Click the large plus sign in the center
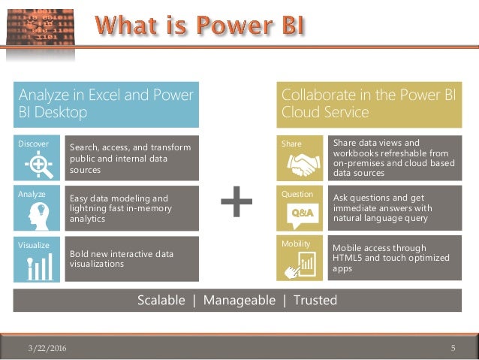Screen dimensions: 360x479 (236, 201)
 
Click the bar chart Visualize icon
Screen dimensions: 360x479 (38, 265)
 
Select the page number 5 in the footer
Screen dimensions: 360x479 (453, 348)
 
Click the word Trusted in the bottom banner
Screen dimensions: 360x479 (315, 301)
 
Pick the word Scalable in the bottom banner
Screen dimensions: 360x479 (161, 301)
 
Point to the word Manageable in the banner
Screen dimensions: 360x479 (239, 301)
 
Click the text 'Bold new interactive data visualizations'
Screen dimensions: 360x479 (121, 259)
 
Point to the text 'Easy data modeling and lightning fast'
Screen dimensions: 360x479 (120, 203)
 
